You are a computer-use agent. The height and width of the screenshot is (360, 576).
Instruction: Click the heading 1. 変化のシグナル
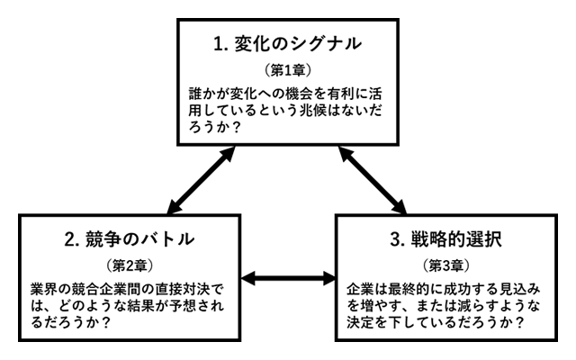coord(287,42)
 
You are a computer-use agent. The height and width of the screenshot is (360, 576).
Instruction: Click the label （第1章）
coord(287,69)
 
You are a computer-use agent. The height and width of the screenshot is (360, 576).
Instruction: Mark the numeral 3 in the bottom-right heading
coord(397,240)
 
